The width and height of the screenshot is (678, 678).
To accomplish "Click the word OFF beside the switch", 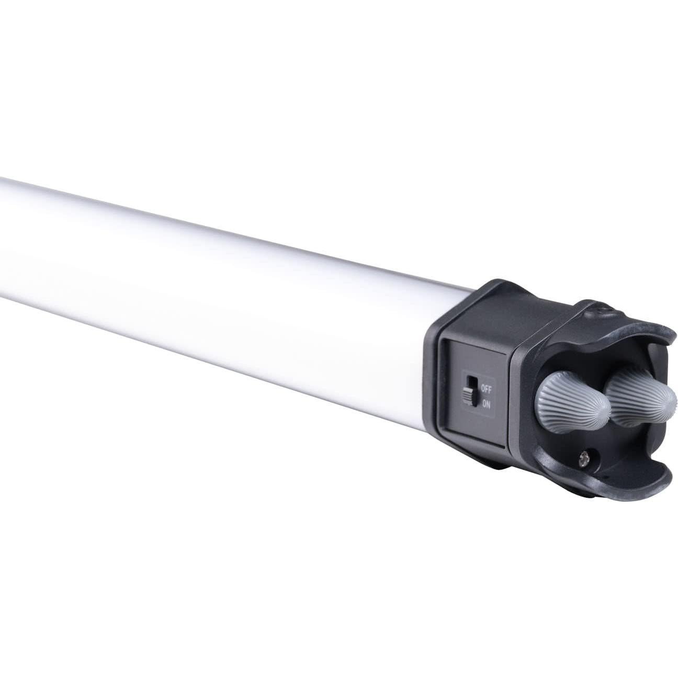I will click(485, 389).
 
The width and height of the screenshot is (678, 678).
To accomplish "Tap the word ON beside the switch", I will click(486, 403).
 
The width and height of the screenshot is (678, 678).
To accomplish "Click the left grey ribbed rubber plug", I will click(570, 403).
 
